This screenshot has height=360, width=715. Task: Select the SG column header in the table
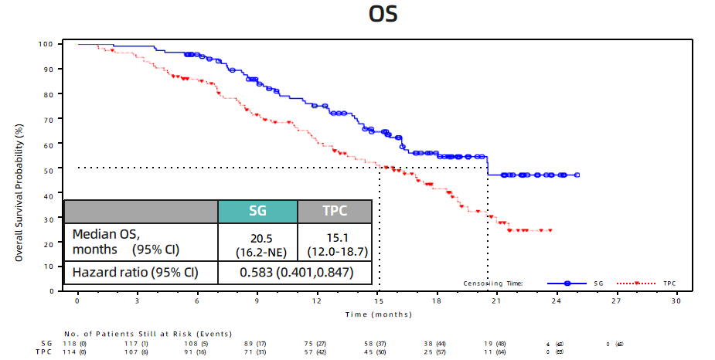(257, 212)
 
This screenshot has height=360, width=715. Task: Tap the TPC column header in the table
(335, 212)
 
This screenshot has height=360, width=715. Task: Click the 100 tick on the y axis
(46, 44)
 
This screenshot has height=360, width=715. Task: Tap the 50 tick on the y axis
(48, 168)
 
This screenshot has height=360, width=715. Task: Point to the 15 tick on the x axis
(377, 301)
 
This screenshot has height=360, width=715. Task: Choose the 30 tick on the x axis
(677, 301)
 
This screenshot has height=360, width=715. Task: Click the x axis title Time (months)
(378, 314)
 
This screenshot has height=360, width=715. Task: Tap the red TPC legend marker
(635, 284)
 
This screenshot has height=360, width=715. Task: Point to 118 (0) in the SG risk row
(77, 342)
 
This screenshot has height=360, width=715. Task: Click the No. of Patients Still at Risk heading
(148, 333)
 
